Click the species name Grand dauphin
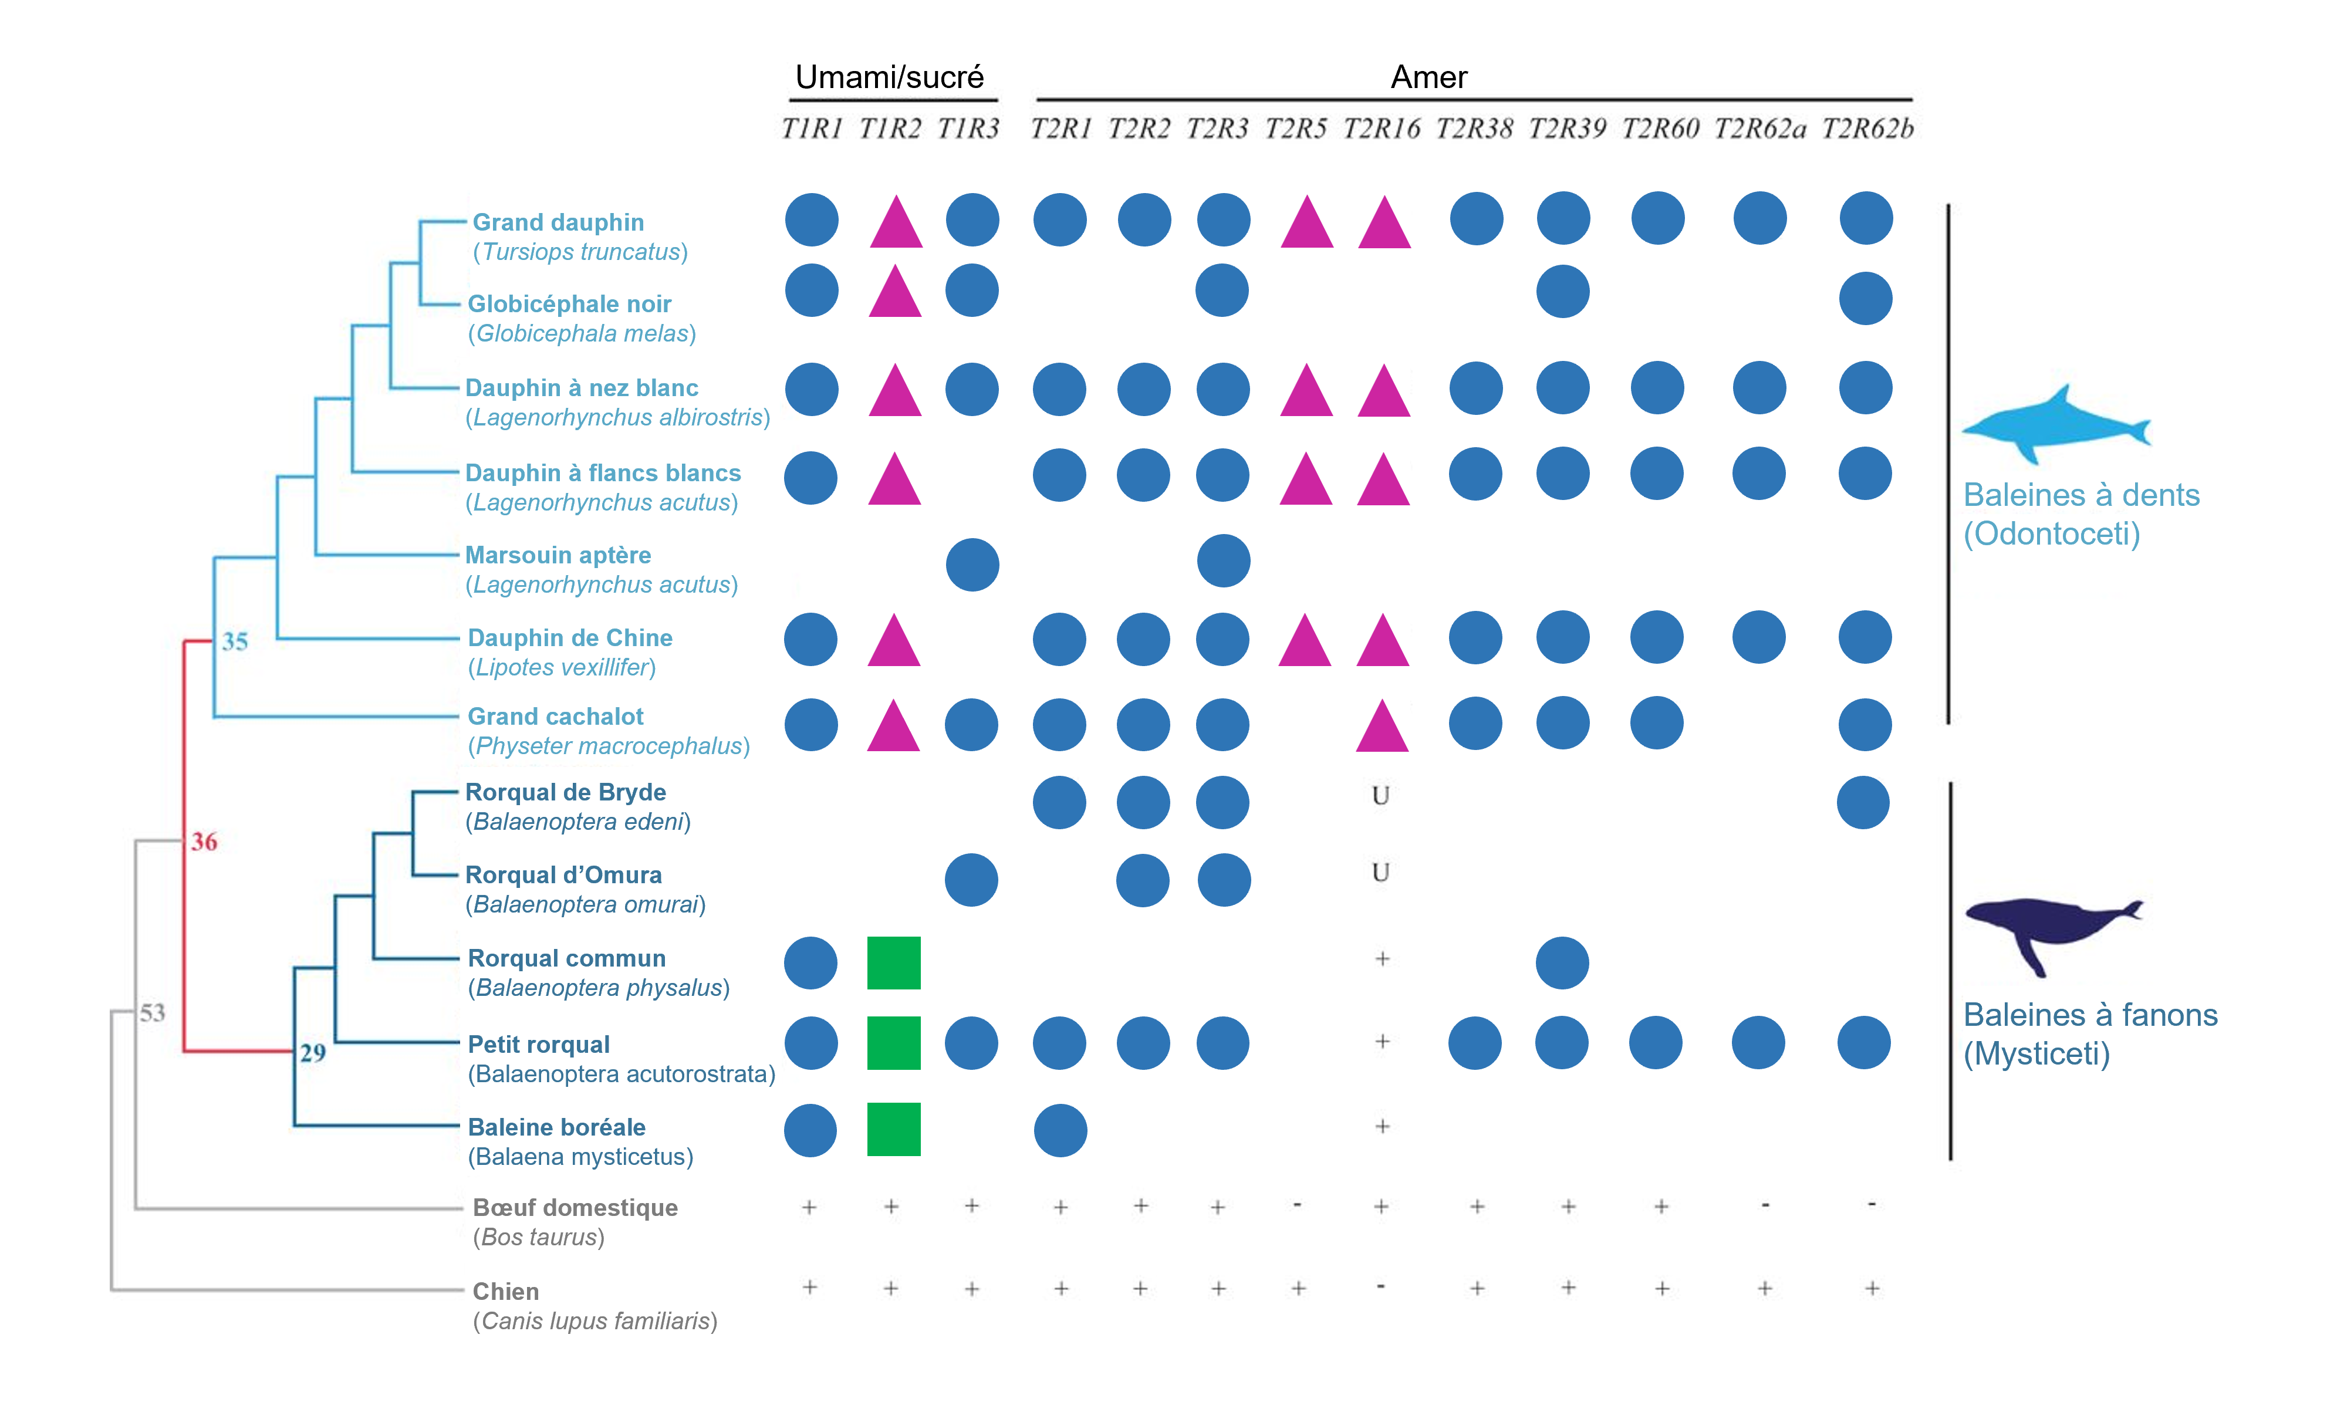[x=558, y=222]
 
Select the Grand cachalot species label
[x=555, y=717]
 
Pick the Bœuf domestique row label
[x=575, y=1208]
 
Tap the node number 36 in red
[x=204, y=841]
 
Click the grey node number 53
[x=152, y=1013]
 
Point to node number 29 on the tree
[x=313, y=1053]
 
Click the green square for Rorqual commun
[x=893, y=963]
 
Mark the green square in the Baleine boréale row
[x=893, y=1129]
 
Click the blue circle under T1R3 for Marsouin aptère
[x=972, y=565]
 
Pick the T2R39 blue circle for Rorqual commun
[x=1562, y=963]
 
